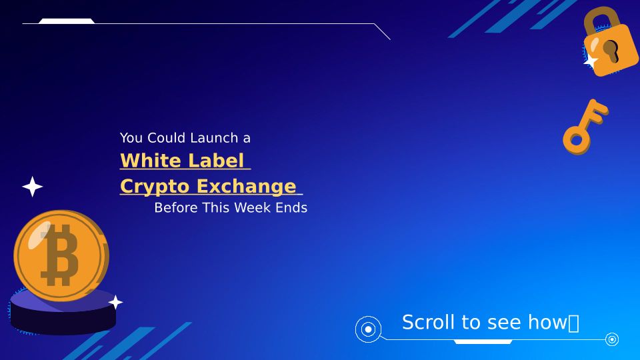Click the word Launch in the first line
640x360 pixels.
[214, 138]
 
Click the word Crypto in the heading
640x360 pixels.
[155, 187]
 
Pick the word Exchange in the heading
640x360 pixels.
[247, 186]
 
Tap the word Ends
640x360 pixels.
[291, 208]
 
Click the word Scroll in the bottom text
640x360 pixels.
[429, 322]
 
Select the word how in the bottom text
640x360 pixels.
[547, 322]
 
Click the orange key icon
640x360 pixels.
[585, 127]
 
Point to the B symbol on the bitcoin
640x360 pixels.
[60, 255]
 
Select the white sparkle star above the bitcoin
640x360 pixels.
[32, 187]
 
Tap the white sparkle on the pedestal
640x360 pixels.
[115, 303]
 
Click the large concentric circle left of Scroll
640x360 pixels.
[368, 329]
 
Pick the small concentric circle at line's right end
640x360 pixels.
[612, 339]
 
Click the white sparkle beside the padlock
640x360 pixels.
[591, 61]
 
